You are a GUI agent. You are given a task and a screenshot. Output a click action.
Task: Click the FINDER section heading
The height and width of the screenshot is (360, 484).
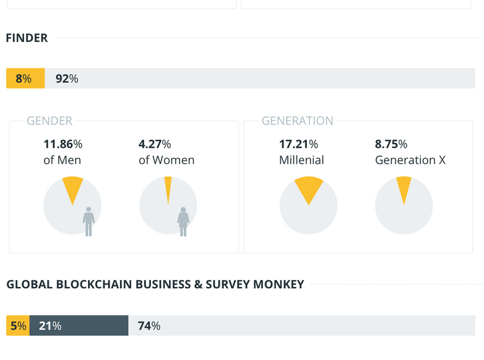point(27,38)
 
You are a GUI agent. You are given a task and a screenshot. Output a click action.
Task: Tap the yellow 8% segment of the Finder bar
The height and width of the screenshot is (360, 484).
point(25,79)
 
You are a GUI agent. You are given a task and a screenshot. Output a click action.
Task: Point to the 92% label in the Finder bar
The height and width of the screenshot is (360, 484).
point(67,79)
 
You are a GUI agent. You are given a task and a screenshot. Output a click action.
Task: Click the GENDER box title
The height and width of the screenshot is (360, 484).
point(50,121)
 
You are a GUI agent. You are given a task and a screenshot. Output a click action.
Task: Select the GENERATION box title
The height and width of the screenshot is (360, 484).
point(298,121)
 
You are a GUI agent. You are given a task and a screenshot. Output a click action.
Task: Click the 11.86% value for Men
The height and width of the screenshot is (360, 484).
point(63,144)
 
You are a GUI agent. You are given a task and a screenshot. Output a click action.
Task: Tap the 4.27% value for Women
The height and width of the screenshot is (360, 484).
point(155,144)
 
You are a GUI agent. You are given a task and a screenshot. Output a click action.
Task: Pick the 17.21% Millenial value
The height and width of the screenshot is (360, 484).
point(298,144)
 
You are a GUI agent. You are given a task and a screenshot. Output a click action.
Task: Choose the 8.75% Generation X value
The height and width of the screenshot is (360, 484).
point(391,144)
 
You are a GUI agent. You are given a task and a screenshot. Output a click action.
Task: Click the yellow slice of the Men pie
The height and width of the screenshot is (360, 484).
point(73,187)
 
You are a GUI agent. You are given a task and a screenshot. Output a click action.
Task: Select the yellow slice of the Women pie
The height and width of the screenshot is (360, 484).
point(168,189)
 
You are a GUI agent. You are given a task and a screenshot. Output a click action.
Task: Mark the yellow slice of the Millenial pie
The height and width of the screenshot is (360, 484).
point(309,187)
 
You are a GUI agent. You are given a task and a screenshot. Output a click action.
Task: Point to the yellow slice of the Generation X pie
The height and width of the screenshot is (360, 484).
point(404,187)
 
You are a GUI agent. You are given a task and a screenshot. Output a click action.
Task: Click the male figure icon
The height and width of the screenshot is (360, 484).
point(89,221)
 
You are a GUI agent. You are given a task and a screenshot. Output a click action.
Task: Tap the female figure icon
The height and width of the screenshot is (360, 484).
point(183,221)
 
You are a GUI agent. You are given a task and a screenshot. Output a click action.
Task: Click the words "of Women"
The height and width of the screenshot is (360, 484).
point(166,160)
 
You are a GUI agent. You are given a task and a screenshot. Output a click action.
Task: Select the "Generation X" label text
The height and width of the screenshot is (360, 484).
point(410,160)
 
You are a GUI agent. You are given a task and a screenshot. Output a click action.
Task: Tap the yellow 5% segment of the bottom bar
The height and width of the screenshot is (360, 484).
point(18,325)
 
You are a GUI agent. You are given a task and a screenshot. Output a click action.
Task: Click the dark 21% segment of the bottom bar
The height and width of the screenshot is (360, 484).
point(79,325)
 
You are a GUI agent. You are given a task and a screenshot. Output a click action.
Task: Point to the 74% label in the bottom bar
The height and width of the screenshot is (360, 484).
point(149,325)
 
